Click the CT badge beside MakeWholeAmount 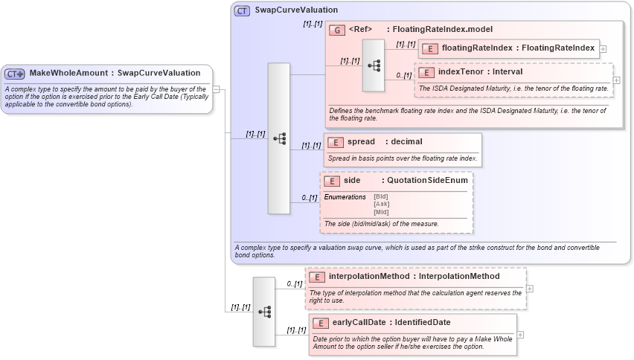(15, 74)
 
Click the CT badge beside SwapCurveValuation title (242, 10)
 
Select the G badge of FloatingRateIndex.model (338, 30)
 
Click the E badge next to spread (336, 142)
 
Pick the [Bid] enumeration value (381, 196)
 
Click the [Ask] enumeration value (381, 204)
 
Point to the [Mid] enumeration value (381, 212)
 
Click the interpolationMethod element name (368, 277)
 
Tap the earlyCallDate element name (361, 323)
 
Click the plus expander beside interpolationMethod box (529, 289)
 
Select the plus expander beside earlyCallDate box (520, 335)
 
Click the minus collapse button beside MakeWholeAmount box (216, 89)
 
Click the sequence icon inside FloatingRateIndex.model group (374, 65)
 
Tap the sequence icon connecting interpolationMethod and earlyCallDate (264, 312)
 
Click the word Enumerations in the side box (345, 196)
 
